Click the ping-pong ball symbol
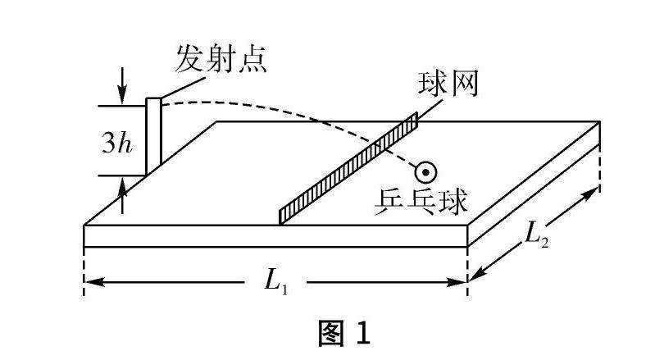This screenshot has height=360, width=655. pos(425,172)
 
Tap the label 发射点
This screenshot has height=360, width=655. pos(221,60)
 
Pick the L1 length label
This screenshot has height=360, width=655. pos(275,280)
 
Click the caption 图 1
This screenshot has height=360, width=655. pos(344,333)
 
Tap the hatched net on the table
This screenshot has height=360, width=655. pos(348,167)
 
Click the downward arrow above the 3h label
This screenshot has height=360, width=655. pos(122,97)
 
